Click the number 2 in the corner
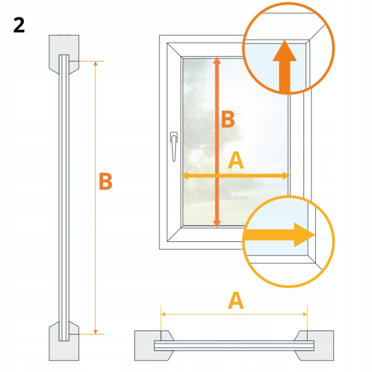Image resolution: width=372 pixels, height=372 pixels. click(19, 25)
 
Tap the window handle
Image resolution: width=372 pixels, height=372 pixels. click(173, 145)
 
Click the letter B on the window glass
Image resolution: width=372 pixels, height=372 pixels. click(228, 120)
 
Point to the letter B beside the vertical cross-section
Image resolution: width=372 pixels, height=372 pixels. click(106, 182)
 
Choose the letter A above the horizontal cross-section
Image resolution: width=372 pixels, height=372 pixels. click(235, 301)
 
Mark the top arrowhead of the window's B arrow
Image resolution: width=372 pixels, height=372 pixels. click(217, 61)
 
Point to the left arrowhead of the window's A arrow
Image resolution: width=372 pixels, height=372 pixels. click(187, 175)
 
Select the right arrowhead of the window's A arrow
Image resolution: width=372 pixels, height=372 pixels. click(286, 175)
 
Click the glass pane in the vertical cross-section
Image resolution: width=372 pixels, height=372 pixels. click(64, 197)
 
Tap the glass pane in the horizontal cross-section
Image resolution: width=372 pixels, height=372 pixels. click(234, 345)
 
